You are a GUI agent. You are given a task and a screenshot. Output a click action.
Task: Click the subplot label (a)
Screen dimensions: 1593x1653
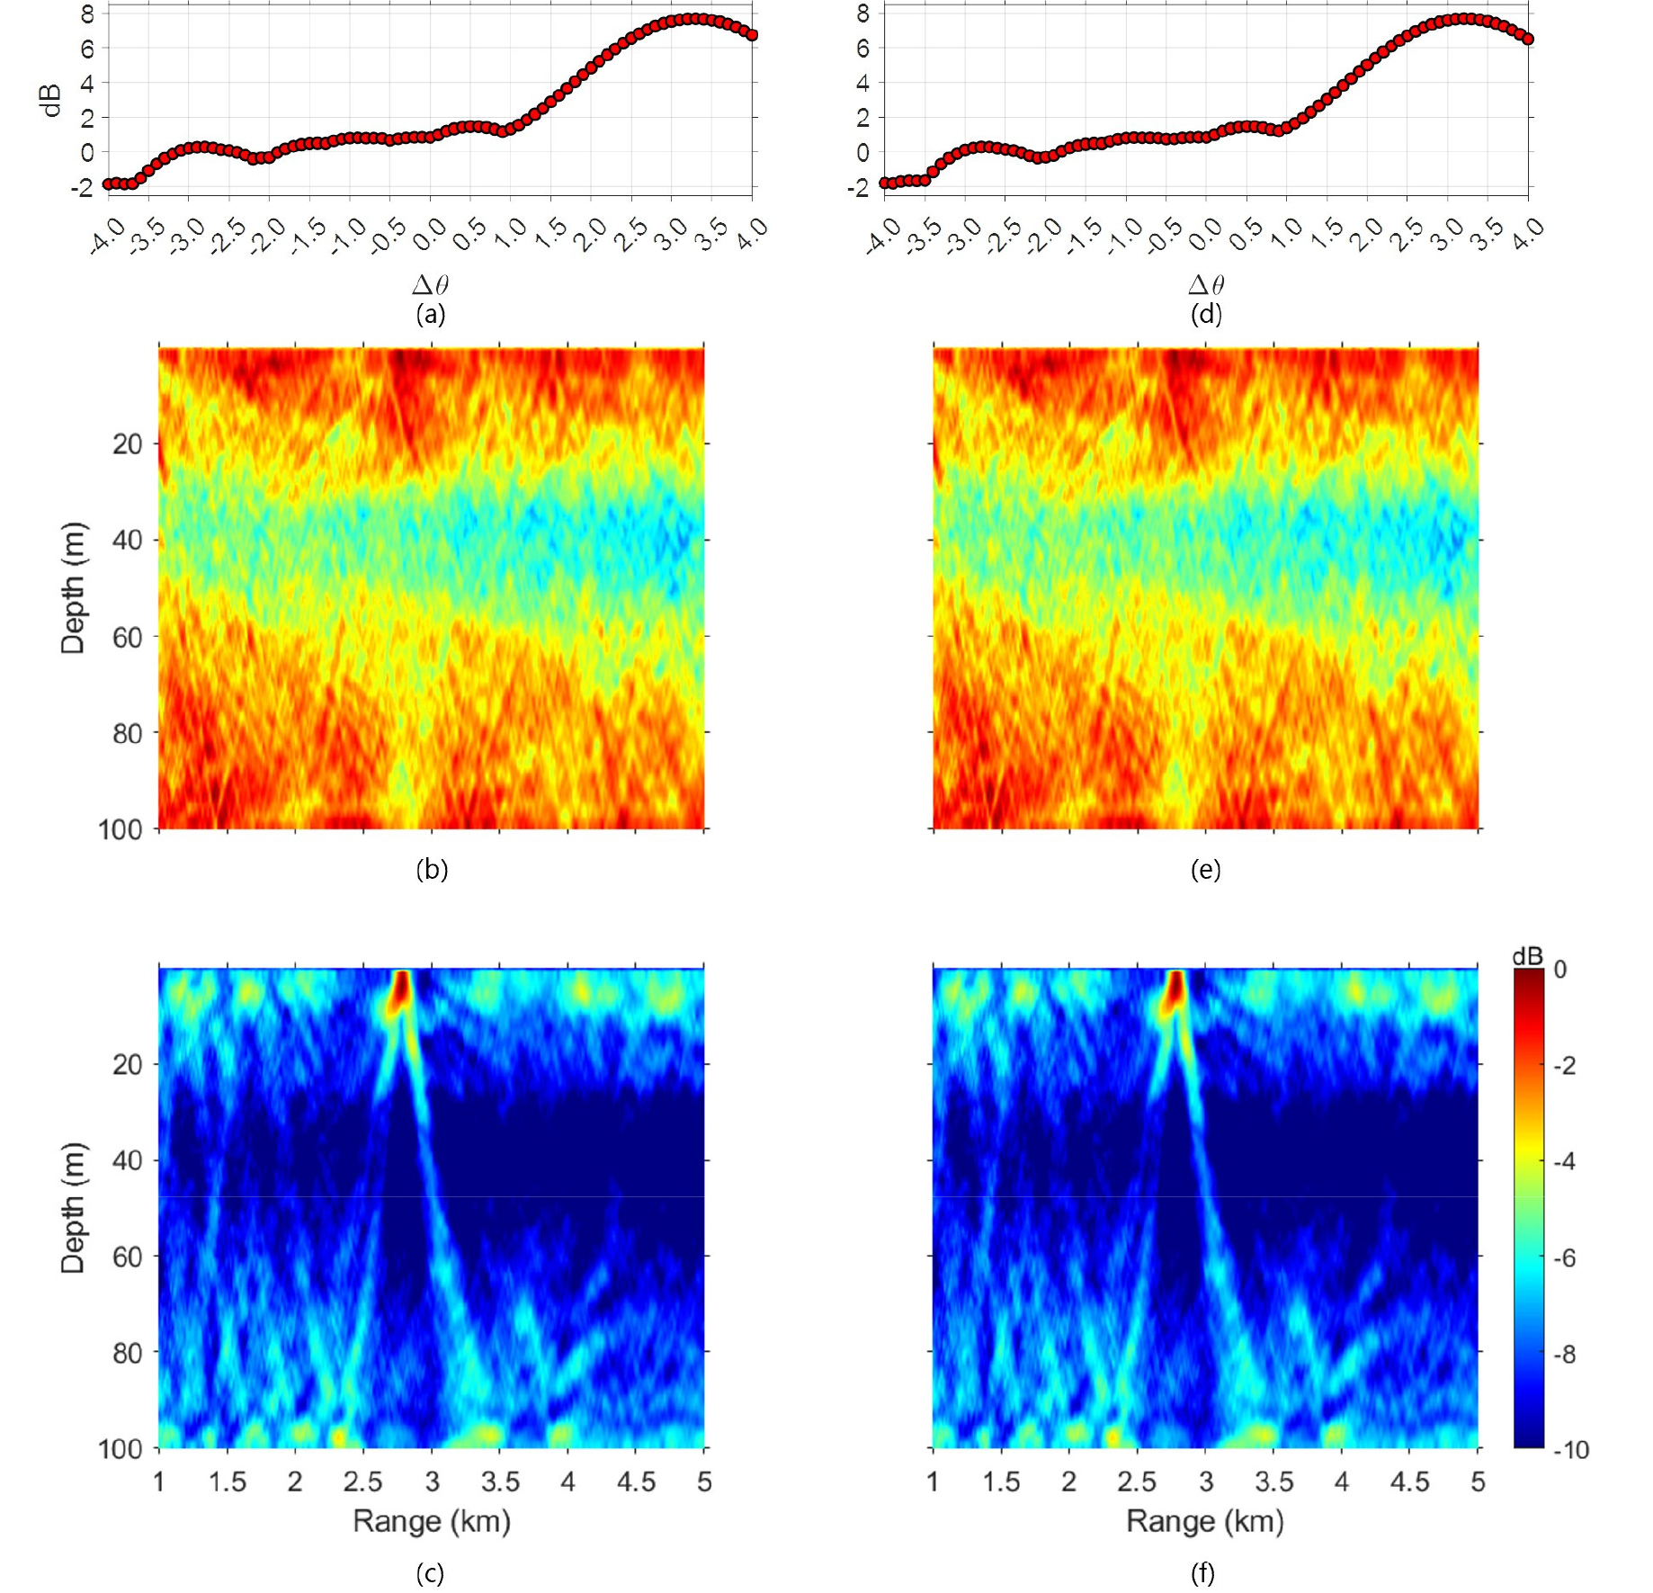pos(431,314)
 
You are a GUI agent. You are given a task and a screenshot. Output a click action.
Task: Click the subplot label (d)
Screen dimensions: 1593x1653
pos(1205,314)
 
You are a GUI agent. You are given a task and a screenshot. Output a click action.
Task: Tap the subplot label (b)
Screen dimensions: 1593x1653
pos(432,869)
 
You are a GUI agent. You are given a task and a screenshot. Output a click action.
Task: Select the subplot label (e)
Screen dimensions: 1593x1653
pos(1205,869)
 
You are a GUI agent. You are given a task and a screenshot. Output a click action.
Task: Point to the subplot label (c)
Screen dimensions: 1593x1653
pos(430,1572)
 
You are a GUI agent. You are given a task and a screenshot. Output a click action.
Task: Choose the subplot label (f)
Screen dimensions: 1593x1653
pos(1203,1572)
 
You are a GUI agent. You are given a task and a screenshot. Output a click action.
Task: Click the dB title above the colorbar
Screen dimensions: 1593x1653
pos(1527,956)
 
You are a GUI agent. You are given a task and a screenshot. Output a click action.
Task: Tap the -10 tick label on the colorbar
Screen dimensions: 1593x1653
pos(1570,1449)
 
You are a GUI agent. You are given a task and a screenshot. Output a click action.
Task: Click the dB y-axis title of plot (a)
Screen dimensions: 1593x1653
pos(52,101)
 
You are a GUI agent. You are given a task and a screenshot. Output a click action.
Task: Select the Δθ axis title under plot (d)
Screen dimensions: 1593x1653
pos(1206,285)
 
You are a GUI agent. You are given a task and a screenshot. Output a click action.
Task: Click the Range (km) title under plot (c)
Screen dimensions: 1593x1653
pos(432,1521)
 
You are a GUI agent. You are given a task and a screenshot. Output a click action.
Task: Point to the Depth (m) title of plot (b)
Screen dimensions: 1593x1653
pos(73,587)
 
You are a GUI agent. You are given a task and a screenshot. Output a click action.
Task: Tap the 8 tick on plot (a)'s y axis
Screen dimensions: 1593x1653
pos(87,13)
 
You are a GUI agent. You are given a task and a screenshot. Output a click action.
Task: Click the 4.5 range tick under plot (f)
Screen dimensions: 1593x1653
pos(1409,1481)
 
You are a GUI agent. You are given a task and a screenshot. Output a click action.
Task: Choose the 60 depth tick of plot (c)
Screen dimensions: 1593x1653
pos(126,1257)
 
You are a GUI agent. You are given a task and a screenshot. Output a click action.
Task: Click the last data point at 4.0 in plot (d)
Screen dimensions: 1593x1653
pos(1527,39)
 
